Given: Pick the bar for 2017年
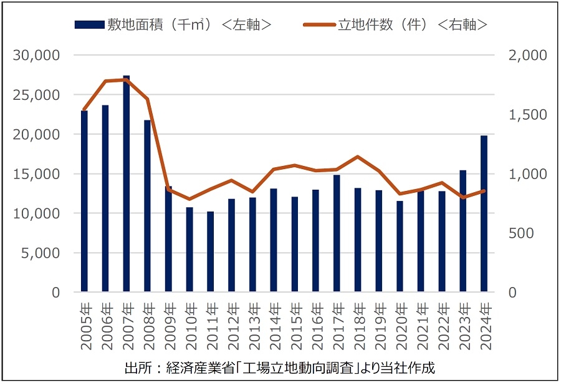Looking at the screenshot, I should tap(337, 233).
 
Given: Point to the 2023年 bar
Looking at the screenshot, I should tap(463, 231).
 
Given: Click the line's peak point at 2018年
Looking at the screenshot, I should tap(357, 157).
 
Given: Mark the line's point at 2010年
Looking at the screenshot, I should tap(189, 199).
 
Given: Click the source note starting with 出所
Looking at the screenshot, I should tap(280, 368).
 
